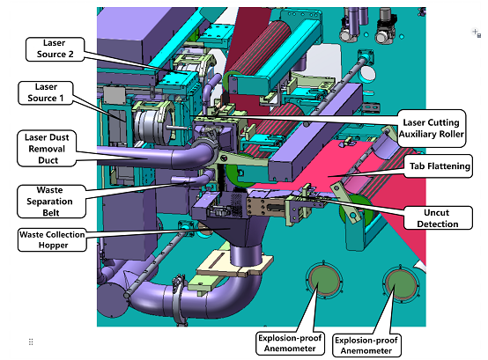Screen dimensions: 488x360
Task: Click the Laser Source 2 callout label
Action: pos(55,48)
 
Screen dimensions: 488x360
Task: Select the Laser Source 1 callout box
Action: pos(46,92)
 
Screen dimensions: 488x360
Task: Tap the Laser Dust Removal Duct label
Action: pos(47,149)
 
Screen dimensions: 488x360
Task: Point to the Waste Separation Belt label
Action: pos(51,202)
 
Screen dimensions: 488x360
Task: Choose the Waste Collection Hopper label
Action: pos(52,239)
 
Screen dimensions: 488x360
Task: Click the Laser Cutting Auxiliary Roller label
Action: pos(432,129)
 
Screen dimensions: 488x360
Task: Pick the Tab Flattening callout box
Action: pos(439,166)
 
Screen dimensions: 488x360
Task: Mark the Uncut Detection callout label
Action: pos(438,218)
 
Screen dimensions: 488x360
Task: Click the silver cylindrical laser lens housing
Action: pos(153,125)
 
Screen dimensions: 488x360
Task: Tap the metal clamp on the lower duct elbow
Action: pos(180,300)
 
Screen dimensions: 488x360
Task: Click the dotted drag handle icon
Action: pos(31,342)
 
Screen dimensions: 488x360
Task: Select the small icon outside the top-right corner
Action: pos(477,33)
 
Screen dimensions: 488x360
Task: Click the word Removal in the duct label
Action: pos(47,149)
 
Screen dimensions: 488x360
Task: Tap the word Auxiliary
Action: pos(415,134)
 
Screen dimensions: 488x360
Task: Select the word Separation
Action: pos(49,202)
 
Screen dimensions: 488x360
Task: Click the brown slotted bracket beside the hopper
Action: pos(265,207)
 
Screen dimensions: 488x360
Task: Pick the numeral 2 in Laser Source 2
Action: pos(70,54)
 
